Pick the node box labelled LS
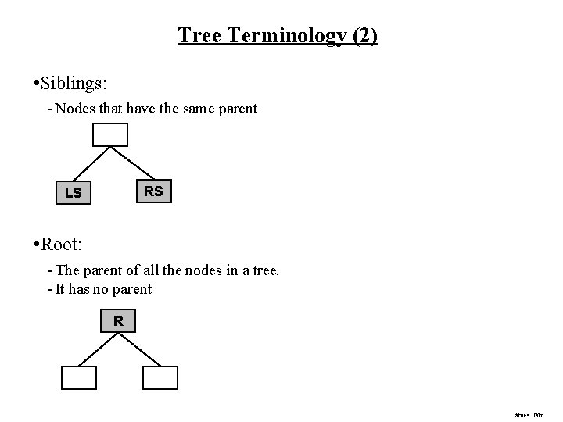click(x=74, y=192)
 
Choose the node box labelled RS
click(x=154, y=191)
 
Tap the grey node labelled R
click(x=118, y=320)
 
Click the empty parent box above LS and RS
click(x=110, y=136)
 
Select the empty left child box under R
click(x=79, y=377)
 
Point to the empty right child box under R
click(x=161, y=377)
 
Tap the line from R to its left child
click(x=98, y=349)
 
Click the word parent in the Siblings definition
click(x=235, y=109)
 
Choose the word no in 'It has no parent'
click(x=121, y=289)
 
